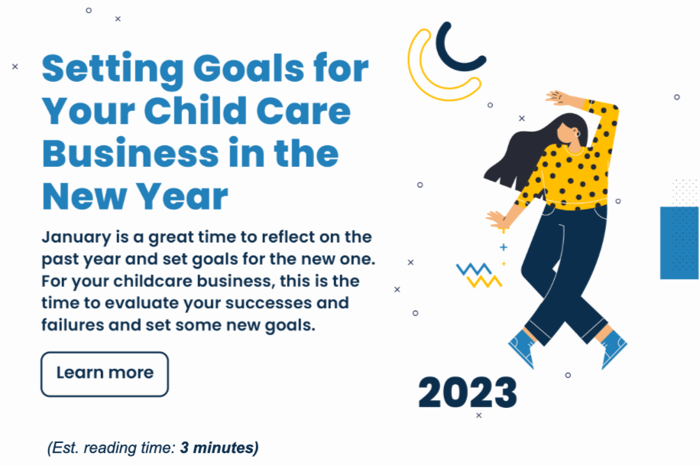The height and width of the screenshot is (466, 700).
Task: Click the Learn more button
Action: [x=105, y=374]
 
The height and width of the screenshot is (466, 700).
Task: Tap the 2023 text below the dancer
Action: [x=468, y=393]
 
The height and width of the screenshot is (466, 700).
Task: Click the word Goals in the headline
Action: [x=248, y=69]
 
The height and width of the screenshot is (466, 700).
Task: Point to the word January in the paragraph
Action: [x=76, y=237]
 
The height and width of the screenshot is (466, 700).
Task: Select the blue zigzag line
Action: [x=474, y=269]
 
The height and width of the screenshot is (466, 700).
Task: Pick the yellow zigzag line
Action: [x=484, y=282]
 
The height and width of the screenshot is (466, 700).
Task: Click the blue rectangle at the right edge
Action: [x=679, y=243]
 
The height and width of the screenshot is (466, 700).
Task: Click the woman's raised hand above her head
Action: [x=558, y=98]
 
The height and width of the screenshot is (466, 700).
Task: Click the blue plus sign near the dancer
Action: [x=504, y=247]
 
